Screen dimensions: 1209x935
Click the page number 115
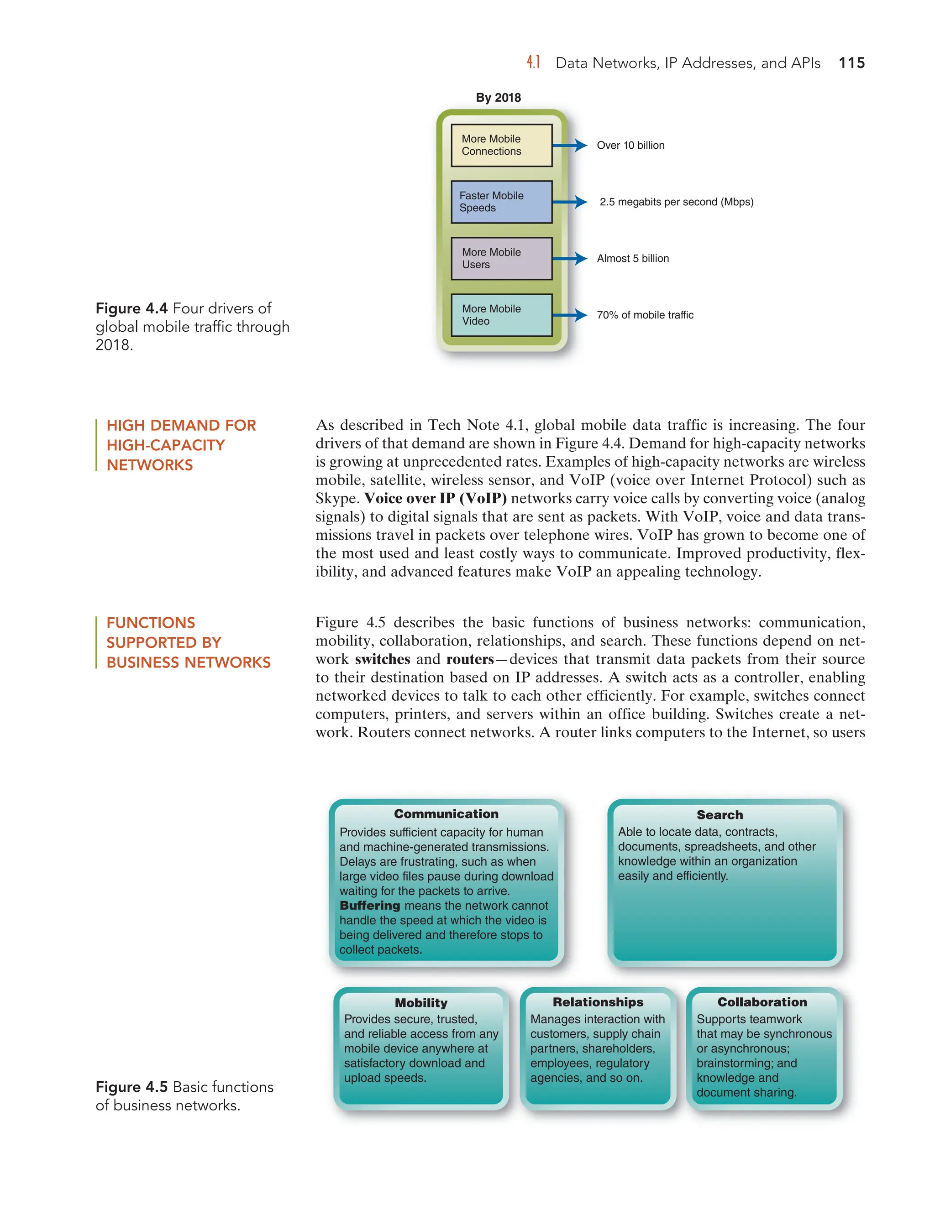(x=851, y=63)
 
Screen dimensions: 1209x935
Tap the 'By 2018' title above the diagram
(x=498, y=98)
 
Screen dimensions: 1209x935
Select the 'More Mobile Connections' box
(x=501, y=145)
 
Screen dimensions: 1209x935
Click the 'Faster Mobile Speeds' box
(x=501, y=202)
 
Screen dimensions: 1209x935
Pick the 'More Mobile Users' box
(x=501, y=259)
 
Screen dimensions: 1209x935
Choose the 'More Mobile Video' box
(x=501, y=315)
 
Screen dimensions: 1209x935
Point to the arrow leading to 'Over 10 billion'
(x=571, y=145)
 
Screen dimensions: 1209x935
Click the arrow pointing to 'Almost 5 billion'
(x=571, y=259)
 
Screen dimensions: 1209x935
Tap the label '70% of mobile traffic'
(x=645, y=315)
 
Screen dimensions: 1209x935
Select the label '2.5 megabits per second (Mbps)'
(x=676, y=202)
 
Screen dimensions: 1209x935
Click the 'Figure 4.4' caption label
(x=131, y=308)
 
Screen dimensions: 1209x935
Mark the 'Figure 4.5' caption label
(x=131, y=1087)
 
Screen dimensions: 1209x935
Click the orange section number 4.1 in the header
(x=533, y=63)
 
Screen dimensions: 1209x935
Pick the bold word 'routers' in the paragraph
(x=470, y=659)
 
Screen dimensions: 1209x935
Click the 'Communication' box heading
(x=446, y=814)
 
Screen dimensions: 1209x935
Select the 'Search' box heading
(x=720, y=815)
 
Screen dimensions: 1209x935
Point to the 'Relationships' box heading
(x=598, y=1002)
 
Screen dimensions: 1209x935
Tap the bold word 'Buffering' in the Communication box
(x=369, y=906)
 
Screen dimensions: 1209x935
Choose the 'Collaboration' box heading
(x=762, y=1002)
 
